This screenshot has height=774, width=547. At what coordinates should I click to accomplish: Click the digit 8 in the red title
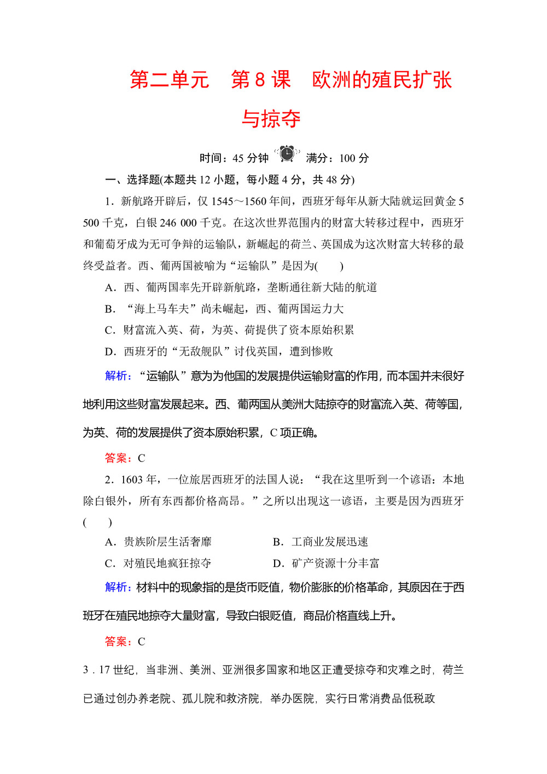(x=260, y=80)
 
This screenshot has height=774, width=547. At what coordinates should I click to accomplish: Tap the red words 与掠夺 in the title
(x=271, y=119)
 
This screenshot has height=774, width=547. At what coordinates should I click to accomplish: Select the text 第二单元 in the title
(x=170, y=80)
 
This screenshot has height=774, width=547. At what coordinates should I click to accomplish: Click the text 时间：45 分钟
(x=234, y=158)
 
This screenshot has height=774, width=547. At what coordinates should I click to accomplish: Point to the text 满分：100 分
(x=337, y=158)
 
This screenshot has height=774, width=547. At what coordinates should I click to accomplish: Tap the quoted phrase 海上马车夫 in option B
(x=162, y=309)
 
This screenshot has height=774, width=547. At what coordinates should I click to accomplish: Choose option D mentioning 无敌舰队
(x=219, y=352)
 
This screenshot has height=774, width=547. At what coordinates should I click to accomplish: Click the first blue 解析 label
(x=118, y=376)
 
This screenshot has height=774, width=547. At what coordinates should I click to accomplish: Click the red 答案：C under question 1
(x=125, y=458)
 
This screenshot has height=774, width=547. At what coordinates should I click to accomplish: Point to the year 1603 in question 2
(x=131, y=480)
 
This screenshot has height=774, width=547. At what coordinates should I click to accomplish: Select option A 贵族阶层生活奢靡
(x=158, y=542)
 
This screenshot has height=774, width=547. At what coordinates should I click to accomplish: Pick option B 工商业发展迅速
(x=321, y=542)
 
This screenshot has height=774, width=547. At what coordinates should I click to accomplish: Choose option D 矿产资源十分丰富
(x=326, y=563)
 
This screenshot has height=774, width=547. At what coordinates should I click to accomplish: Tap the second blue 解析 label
(x=118, y=587)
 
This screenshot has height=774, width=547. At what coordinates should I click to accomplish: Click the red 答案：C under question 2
(x=125, y=642)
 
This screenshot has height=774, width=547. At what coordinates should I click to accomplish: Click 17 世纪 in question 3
(x=117, y=670)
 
